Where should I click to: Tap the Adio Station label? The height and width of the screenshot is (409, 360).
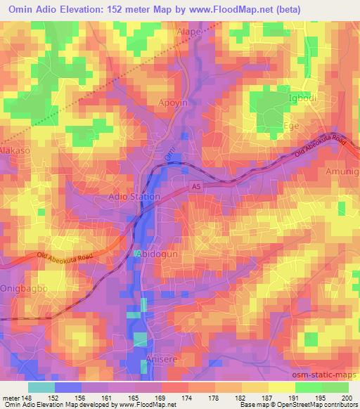(134, 197)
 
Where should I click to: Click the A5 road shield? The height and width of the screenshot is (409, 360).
(198, 186)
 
